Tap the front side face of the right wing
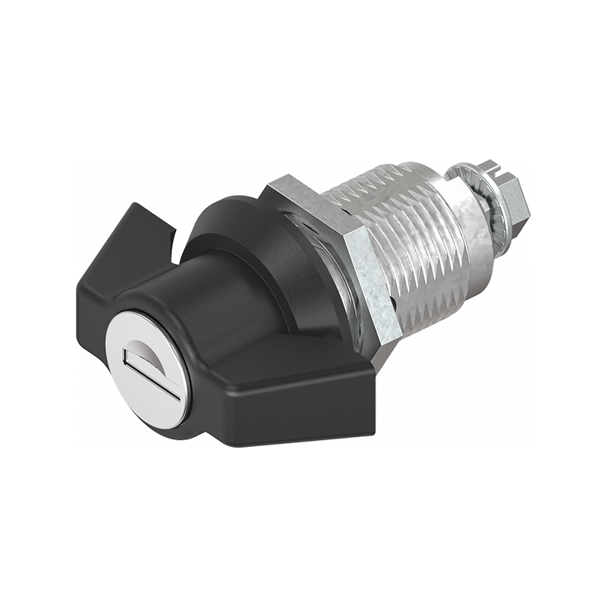pyautogui.click(x=303, y=414)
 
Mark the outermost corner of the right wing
pyautogui.click(x=374, y=376)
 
